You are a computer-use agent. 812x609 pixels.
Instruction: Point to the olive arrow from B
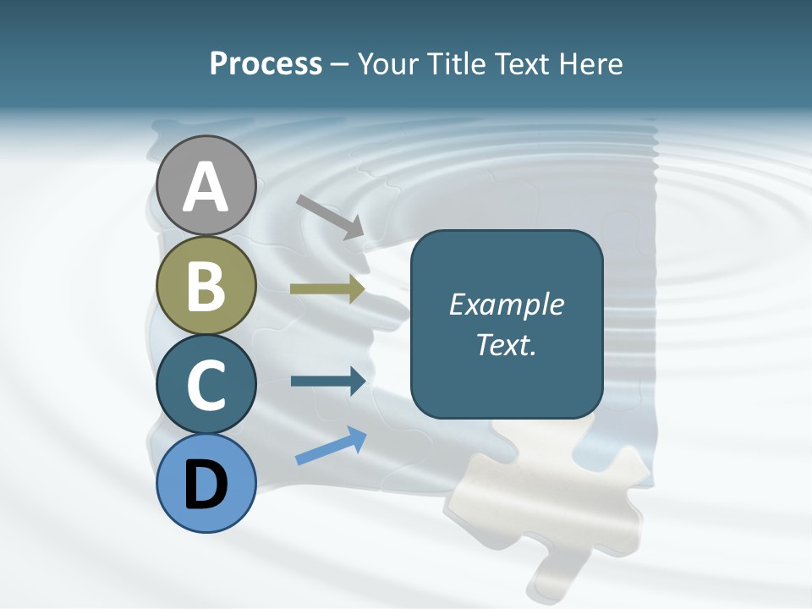click(x=327, y=289)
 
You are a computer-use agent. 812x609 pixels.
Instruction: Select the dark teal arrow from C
click(x=328, y=381)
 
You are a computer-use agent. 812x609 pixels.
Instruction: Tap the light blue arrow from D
click(x=331, y=447)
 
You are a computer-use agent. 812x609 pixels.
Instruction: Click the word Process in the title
click(x=266, y=64)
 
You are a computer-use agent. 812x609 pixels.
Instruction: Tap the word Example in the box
click(x=506, y=304)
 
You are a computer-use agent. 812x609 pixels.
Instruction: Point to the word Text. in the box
click(x=506, y=344)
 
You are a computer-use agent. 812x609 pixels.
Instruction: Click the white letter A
click(x=206, y=187)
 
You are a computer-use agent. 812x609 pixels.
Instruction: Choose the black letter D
click(x=206, y=486)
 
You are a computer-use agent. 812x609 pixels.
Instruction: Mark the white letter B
click(x=206, y=287)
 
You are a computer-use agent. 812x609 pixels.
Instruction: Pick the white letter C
click(x=206, y=387)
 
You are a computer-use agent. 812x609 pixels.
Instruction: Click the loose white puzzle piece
click(x=550, y=499)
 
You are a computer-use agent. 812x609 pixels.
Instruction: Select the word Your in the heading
click(x=387, y=64)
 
